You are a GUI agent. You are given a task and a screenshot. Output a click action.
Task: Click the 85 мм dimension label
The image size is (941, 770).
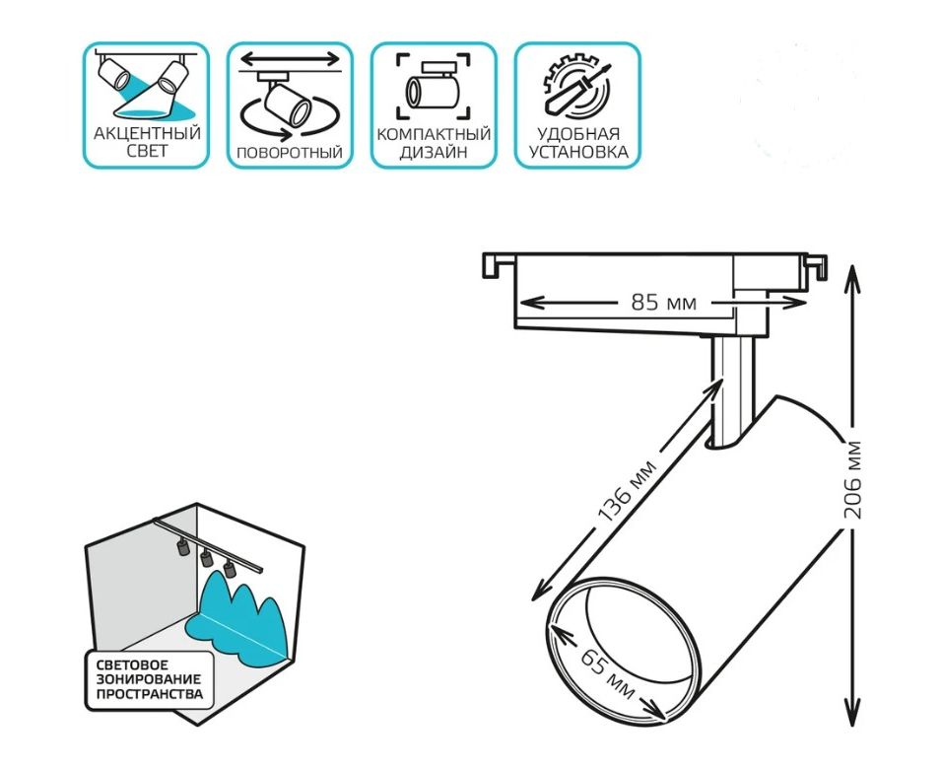[x=663, y=303]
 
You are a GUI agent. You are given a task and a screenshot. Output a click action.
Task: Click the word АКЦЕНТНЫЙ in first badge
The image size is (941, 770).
[x=146, y=133]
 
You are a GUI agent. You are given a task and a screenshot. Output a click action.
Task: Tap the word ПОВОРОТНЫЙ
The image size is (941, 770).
[x=290, y=153]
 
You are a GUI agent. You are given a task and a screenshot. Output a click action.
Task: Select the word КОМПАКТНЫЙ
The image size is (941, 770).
[x=434, y=134]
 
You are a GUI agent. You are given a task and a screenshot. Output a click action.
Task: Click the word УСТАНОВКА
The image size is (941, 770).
[x=577, y=152]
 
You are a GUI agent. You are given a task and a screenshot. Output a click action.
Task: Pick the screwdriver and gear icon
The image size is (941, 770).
[x=576, y=88]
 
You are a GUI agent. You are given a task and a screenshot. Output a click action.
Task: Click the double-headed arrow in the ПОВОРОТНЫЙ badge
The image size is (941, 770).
[x=290, y=60]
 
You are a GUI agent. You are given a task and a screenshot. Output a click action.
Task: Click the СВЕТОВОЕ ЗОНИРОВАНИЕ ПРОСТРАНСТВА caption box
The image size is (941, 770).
[x=149, y=679]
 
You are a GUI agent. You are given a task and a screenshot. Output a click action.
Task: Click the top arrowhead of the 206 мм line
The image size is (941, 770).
[x=853, y=270]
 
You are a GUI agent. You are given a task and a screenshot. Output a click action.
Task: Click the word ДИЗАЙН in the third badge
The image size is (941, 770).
[x=434, y=153]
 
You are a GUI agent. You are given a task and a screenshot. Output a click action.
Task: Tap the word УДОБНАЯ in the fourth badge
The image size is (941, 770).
[x=577, y=133]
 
